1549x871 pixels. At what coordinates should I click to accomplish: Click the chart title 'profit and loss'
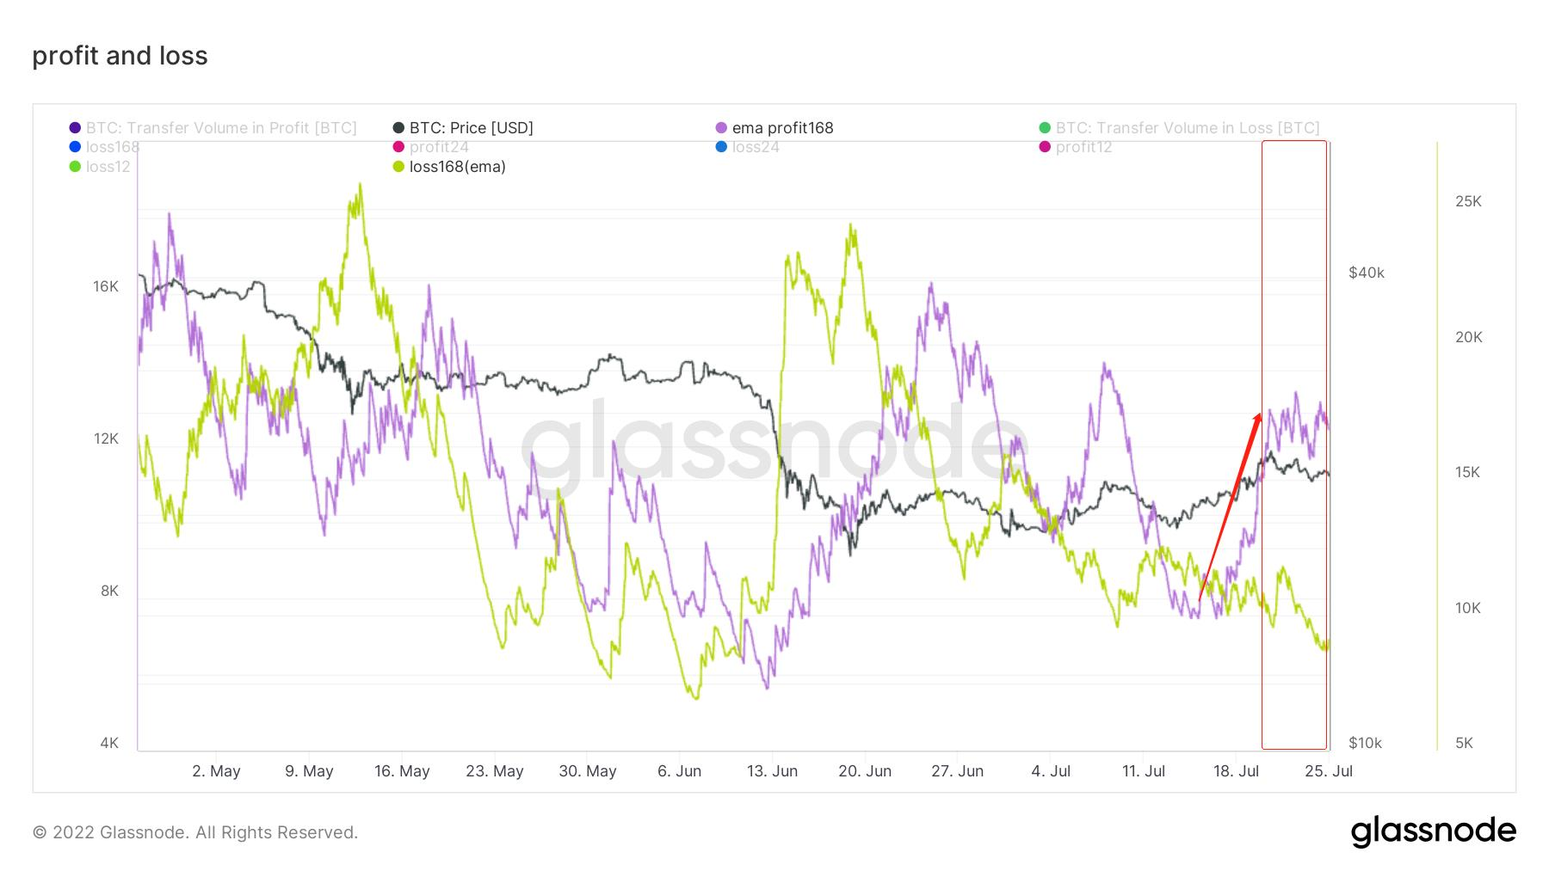coord(120,56)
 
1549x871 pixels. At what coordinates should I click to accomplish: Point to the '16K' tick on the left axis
coord(106,286)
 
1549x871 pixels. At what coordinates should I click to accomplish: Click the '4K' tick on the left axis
coord(109,743)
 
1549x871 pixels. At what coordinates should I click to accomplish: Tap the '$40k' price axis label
coord(1367,273)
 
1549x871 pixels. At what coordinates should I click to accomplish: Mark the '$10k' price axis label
coord(1365,743)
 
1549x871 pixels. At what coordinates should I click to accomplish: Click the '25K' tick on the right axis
coord(1468,201)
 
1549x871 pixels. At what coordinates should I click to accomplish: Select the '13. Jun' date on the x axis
coord(772,771)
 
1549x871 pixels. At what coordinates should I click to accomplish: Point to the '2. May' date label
coord(216,771)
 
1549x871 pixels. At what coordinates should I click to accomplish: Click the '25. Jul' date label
coord(1329,771)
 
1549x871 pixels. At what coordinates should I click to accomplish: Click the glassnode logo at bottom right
coord(1433,831)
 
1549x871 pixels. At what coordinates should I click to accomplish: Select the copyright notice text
coord(195,832)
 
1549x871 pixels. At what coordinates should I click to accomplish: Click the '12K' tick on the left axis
coord(106,439)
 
